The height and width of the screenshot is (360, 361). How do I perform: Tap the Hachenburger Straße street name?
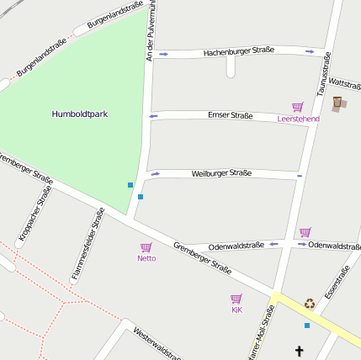[238, 52]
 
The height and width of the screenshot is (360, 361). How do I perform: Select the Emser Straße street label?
[230, 115]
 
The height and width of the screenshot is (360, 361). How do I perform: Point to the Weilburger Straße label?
[221, 173]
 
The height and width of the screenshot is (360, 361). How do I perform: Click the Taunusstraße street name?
[323, 73]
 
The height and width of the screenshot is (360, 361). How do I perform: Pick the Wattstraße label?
[344, 84]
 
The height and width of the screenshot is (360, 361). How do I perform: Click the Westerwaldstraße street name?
[157, 343]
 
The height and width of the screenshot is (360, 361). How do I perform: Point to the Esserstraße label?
[337, 283]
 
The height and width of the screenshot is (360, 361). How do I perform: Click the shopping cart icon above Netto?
[146, 247]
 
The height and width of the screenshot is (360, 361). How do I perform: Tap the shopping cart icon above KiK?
[236, 299]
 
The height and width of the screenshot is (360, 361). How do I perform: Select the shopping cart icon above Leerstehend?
[297, 108]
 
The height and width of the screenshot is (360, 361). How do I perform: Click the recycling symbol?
[310, 304]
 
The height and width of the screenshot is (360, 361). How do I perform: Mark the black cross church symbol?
[298, 350]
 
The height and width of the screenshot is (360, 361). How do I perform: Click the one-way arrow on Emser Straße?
[153, 116]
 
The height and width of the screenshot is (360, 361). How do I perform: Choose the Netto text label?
[146, 258]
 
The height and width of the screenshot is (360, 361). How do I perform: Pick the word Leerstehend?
[298, 119]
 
